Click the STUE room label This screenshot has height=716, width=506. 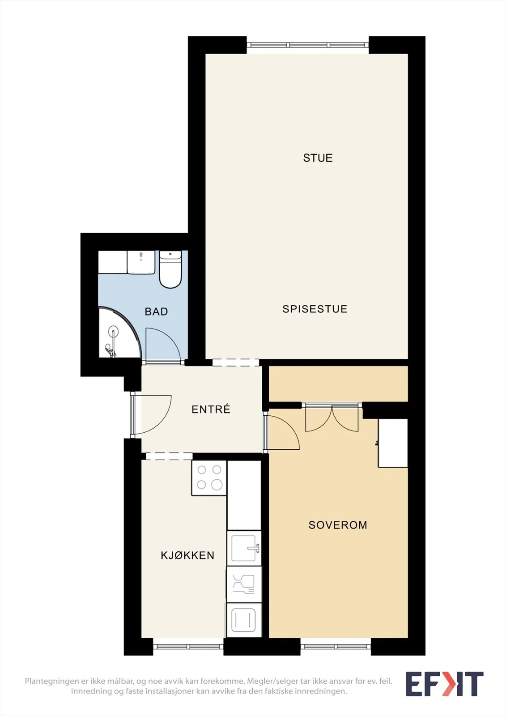(x=318, y=158)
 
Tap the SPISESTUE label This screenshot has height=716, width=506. (x=315, y=309)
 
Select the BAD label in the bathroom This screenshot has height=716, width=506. (x=156, y=311)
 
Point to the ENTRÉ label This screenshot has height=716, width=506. (x=211, y=409)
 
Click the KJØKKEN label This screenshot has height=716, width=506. (x=187, y=555)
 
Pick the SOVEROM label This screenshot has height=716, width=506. (x=338, y=525)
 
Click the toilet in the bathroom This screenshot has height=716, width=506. (x=170, y=269)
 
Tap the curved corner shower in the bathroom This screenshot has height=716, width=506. (x=119, y=332)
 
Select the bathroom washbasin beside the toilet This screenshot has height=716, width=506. (x=141, y=262)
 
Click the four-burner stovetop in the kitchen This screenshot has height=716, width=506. (x=209, y=478)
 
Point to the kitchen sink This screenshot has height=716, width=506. (x=244, y=549)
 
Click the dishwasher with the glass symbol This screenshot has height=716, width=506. (x=244, y=584)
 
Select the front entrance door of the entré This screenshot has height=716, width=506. (x=151, y=415)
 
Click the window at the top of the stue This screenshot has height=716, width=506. (x=308, y=45)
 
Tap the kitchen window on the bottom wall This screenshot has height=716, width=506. (x=188, y=647)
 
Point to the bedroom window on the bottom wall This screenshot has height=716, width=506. (x=336, y=647)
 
